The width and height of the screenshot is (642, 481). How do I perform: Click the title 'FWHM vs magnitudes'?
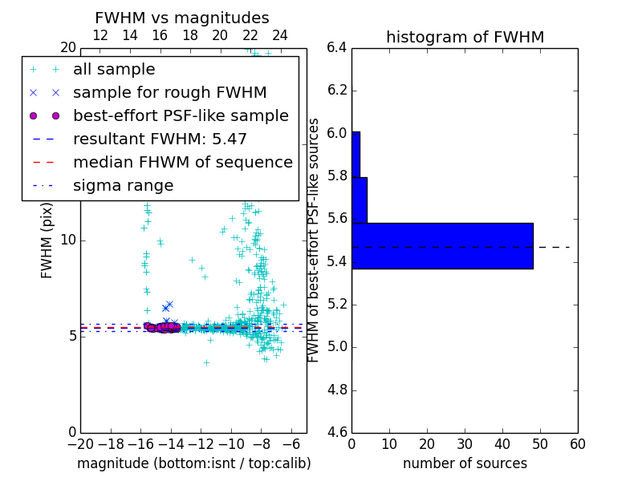(181, 18)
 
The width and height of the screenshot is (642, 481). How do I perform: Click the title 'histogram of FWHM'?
(465, 37)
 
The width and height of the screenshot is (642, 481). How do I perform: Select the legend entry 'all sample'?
(114, 70)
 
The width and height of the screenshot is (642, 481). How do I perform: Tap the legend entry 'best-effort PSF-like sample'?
(181, 116)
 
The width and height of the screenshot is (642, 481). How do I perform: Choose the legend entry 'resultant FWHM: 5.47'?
(160, 139)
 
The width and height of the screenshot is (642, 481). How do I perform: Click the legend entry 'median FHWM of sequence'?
(182, 163)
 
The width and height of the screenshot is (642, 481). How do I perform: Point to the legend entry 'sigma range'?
(123, 186)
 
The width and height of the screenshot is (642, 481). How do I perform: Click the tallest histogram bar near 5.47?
(442, 246)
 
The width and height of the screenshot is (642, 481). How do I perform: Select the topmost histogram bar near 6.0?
(356, 154)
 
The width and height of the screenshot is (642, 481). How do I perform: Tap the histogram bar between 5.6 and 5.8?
(360, 200)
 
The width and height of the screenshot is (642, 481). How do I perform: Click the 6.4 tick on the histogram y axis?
(336, 47)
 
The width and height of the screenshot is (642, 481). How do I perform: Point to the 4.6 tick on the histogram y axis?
(336, 433)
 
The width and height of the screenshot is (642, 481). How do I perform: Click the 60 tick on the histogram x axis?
(577, 443)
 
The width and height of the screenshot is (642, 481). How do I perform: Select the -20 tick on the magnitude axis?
(80, 443)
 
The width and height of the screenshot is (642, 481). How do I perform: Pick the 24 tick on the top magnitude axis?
(280, 35)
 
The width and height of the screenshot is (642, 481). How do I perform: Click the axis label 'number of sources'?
(465, 464)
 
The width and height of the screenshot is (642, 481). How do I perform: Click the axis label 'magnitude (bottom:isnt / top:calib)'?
(193, 464)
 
